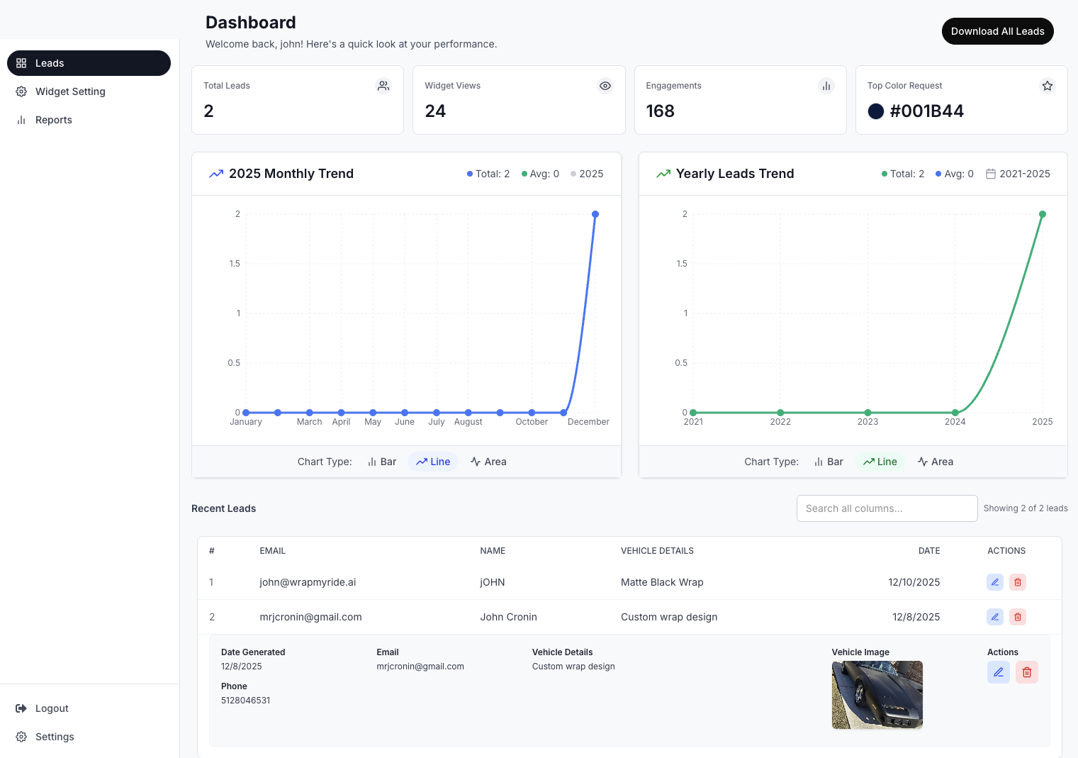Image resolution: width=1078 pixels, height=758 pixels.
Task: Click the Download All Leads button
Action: point(997,31)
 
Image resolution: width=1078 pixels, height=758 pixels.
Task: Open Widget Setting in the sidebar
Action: point(69,91)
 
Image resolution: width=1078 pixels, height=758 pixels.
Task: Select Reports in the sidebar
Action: point(53,120)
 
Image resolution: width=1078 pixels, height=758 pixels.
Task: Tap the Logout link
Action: point(51,708)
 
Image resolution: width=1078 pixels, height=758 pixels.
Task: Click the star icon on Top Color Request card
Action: point(1047,86)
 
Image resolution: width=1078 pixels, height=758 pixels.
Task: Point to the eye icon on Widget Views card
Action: point(605,86)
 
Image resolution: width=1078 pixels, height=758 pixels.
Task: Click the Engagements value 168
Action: point(660,111)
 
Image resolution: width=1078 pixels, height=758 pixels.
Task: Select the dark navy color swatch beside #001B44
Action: point(876,111)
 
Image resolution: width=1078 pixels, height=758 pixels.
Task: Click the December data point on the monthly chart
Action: point(595,214)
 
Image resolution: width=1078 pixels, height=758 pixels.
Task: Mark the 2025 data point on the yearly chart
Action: point(1043,214)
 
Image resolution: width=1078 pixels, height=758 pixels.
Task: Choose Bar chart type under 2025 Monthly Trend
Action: point(382,462)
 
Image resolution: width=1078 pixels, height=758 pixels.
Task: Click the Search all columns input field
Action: point(887,508)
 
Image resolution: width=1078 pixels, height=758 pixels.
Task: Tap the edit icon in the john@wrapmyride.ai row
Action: point(995,582)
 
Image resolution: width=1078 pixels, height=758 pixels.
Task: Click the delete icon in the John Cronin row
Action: point(1018,617)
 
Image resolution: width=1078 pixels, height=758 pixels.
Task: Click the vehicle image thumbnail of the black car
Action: point(877,695)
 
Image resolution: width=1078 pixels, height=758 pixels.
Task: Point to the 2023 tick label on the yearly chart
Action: point(868,422)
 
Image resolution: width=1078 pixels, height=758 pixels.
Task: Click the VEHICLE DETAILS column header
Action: point(657,551)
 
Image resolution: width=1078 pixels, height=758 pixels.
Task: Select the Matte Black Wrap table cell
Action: point(662,582)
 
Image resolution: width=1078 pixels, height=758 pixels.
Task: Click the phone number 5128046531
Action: point(245,701)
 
